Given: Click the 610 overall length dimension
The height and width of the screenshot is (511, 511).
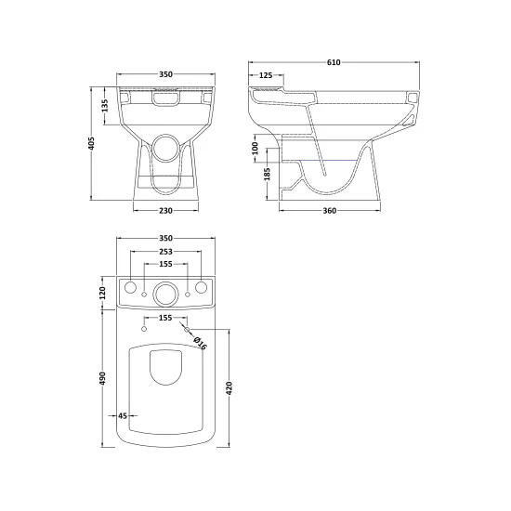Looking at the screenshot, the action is (x=334, y=62).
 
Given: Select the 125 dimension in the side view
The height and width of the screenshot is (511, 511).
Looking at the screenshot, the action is (x=266, y=75).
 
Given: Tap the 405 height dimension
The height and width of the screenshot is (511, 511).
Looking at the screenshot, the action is (x=92, y=143).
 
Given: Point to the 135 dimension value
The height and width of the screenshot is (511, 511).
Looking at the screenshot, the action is (x=105, y=106).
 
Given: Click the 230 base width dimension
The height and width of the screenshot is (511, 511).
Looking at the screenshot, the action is (x=165, y=211).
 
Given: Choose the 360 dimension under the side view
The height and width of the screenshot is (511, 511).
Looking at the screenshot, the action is (x=330, y=211).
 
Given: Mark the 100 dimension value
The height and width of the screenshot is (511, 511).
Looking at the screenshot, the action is (x=255, y=149).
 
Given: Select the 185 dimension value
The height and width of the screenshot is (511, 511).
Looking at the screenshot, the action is (x=268, y=174).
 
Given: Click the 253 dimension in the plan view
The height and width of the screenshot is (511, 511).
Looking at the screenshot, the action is (x=165, y=252).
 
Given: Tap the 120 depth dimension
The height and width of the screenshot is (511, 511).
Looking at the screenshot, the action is (x=102, y=293).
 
